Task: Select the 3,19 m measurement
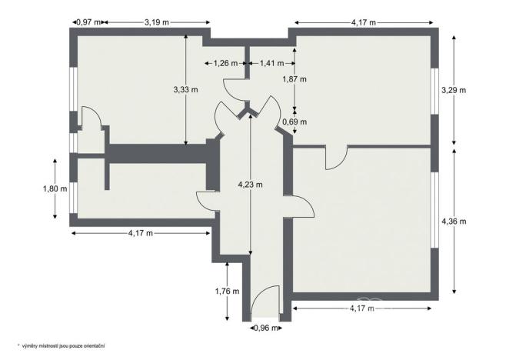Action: [x=158, y=22]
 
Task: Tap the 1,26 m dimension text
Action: [x=225, y=63]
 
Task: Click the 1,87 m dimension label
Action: [x=294, y=78]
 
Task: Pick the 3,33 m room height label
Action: [x=187, y=90]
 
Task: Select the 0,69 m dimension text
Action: [x=294, y=122]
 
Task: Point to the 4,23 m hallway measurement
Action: [x=251, y=185]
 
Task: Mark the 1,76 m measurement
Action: [x=228, y=292]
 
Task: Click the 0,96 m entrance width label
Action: [x=265, y=328]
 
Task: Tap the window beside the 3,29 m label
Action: [x=434, y=91]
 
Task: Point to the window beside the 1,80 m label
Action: [x=72, y=188]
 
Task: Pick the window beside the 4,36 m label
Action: [x=434, y=209]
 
